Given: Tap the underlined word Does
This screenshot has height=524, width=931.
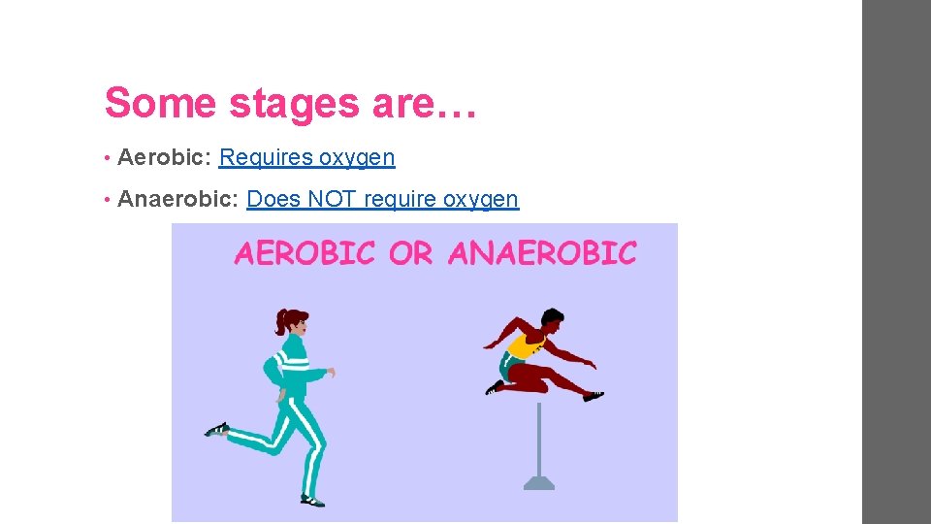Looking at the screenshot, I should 273,200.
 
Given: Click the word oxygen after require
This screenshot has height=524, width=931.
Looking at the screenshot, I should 481,200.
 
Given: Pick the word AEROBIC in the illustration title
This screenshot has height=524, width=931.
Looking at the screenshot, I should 305,253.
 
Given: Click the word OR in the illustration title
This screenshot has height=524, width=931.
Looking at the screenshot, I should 410,253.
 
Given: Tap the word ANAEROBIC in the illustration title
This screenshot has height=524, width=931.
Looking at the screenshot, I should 542,253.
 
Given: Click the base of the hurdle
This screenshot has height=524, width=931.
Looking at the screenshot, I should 539,481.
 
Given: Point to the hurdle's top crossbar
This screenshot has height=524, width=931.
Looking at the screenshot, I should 539,405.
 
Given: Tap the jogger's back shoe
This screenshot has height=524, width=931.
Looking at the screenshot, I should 217,429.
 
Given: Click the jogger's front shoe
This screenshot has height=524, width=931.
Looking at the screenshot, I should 311,500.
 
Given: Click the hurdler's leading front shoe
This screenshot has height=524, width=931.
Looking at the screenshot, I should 593,396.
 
